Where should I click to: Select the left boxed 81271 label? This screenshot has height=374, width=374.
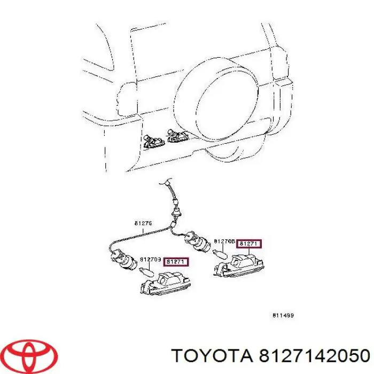(x=176, y=261)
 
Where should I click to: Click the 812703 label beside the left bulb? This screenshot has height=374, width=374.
(x=150, y=259)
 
